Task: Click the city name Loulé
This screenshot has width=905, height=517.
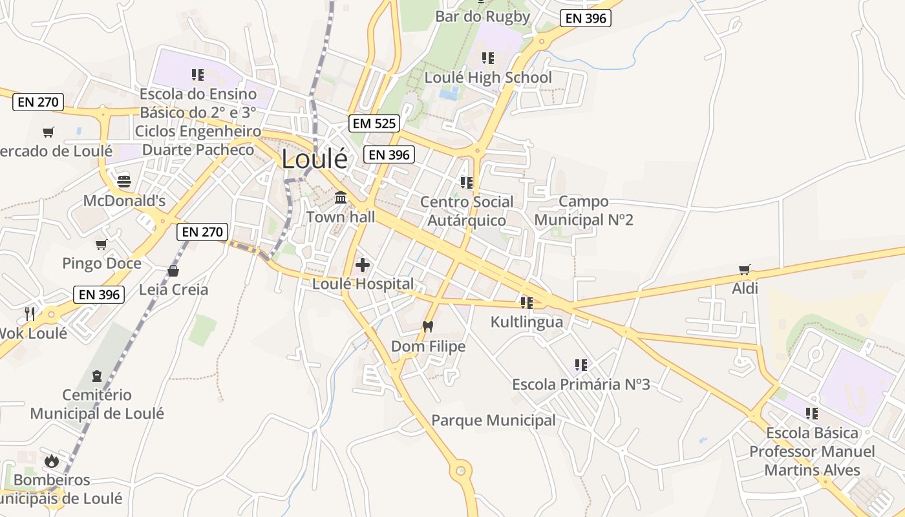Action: (314, 159)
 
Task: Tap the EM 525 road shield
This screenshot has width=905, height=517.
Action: (374, 123)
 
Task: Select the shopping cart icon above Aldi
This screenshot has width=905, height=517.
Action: (745, 269)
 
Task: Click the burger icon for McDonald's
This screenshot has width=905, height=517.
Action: (124, 180)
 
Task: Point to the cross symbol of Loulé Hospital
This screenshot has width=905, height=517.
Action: (363, 264)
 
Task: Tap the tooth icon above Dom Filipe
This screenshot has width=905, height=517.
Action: (427, 326)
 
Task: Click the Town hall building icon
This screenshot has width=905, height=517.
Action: (341, 197)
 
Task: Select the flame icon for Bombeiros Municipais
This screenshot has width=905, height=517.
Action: (52, 461)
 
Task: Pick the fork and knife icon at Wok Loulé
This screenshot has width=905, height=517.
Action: (30, 314)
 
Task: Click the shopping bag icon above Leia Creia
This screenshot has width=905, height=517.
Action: (173, 270)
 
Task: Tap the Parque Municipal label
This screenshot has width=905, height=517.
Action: (493, 421)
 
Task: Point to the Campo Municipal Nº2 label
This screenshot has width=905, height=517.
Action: (583, 211)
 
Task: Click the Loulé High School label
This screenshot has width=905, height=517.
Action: (488, 78)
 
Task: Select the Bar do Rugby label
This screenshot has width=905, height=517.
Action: (482, 17)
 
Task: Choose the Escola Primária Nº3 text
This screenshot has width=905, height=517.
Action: (580, 385)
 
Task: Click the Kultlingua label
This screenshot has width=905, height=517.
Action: (526, 322)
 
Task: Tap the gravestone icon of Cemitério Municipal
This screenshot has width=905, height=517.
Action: (97, 375)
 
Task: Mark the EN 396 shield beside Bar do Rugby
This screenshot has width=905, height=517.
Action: (586, 18)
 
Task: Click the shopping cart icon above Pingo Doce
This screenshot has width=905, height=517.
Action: (101, 244)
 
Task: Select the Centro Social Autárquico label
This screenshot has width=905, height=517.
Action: (467, 211)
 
